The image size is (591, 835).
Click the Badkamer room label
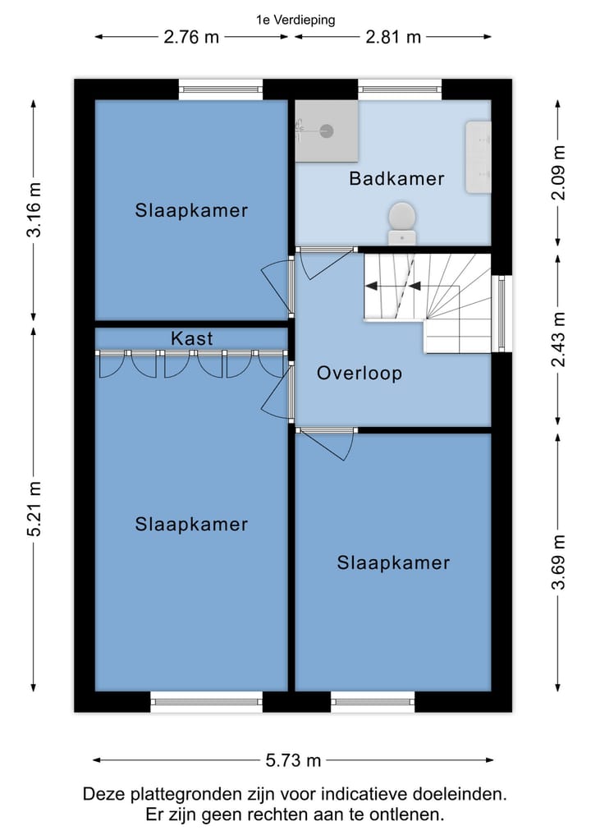pos(396,178)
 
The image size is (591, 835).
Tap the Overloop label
pos(360,373)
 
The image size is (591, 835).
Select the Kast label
pos(192,338)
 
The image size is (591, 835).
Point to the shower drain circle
pos(327,131)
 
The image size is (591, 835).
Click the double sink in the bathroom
pos(478,157)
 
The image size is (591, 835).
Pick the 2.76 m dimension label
pos(191,37)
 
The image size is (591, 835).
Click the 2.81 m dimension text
pos(393,37)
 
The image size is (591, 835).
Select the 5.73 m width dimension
pos(293,760)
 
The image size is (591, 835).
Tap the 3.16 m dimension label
pos(34,209)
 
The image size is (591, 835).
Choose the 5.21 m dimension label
pos(34,508)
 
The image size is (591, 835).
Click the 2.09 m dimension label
pos(558,172)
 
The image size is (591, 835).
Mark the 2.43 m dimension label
pos(558,340)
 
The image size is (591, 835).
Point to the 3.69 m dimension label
pos(558,562)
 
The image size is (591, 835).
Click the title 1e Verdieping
pos(295,21)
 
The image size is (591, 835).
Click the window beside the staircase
pos(502,314)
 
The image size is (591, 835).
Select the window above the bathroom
pos(400,89)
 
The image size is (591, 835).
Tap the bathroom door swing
pos(326,263)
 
